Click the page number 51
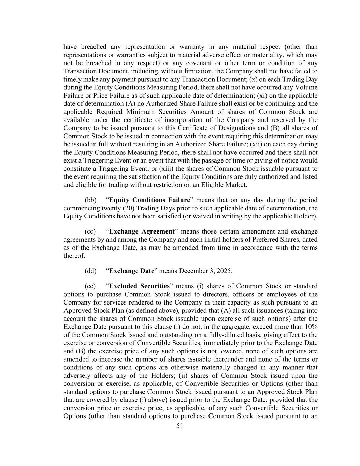coord(180,426)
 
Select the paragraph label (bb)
coord(90,200)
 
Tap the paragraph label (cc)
coord(90,231)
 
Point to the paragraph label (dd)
coord(90,271)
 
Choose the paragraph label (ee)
coord(90,286)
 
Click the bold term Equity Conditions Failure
coord(149,200)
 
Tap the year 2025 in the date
coord(225,271)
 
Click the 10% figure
coord(311,327)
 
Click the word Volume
coord(306,87)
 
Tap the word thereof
coord(74,256)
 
